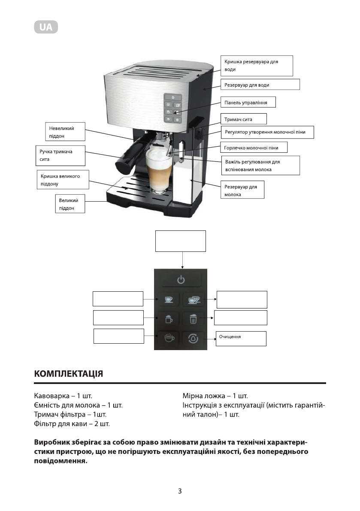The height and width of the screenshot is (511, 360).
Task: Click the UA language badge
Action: click(46, 27)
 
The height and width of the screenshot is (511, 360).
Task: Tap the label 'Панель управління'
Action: click(248, 103)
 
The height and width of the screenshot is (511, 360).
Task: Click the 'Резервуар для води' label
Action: click(260, 85)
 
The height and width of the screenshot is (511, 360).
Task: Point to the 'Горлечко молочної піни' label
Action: click(254, 148)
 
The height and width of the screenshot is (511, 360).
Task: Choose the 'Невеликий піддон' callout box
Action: click(65, 131)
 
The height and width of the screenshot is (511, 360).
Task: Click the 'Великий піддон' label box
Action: click(70, 204)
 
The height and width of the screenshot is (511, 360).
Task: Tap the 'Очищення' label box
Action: click(241, 338)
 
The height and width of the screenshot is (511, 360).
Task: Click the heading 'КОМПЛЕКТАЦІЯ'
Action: click(68, 373)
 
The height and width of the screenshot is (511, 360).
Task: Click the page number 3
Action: click(180, 491)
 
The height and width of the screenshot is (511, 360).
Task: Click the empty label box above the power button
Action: click(181, 241)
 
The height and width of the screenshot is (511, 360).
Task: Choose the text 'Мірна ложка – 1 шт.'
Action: click(215, 395)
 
